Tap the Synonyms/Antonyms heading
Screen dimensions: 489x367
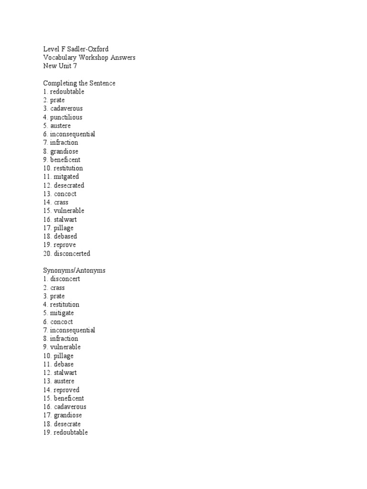click(75, 270)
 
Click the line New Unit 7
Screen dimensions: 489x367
click(60, 66)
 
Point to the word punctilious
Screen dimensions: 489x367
click(66, 117)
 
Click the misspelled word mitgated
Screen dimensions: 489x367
click(66, 177)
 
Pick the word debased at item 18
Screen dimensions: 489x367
click(65, 236)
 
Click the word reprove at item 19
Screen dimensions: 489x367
click(65, 245)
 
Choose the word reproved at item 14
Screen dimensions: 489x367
click(66, 390)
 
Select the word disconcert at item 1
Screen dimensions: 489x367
click(65, 279)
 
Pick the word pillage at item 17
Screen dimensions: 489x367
click(64, 228)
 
